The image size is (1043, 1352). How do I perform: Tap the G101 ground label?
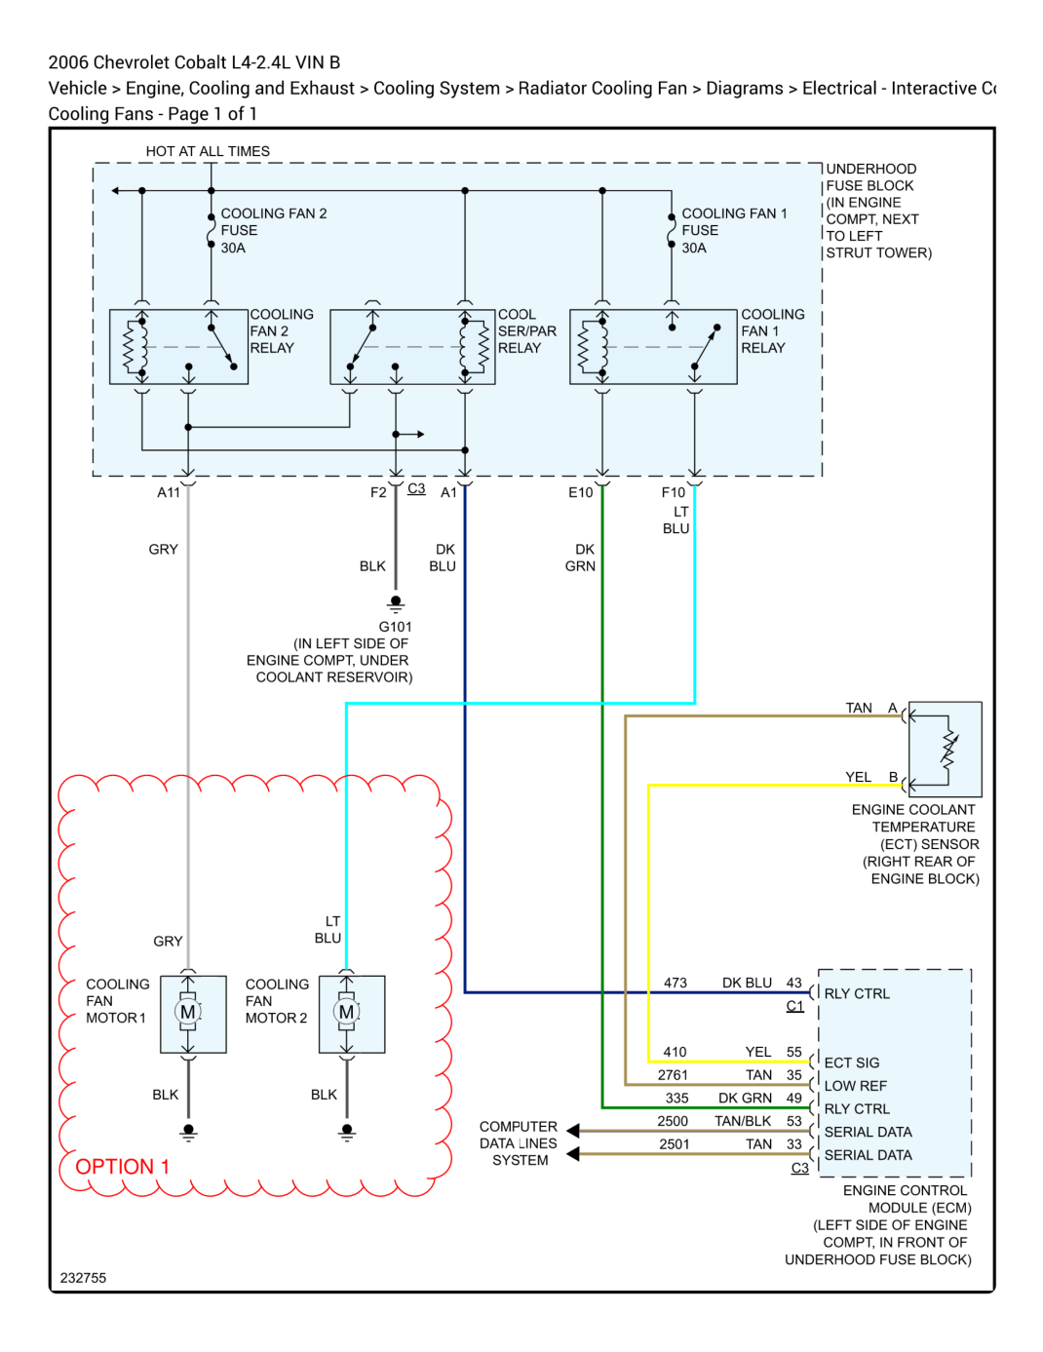tap(395, 626)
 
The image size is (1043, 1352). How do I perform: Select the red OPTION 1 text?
tap(122, 1166)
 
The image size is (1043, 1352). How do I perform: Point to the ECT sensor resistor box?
tap(945, 749)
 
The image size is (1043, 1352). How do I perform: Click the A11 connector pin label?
tap(168, 492)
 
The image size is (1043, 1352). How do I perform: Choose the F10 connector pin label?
tap(673, 492)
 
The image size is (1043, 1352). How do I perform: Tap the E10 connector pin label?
tap(580, 492)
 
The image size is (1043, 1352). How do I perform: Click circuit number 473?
tap(675, 983)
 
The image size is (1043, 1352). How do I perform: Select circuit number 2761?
tap(673, 1074)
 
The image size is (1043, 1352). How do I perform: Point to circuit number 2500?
tap(673, 1121)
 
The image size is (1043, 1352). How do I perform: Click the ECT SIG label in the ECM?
tap(851, 1062)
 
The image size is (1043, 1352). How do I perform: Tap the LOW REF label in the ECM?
tap(855, 1085)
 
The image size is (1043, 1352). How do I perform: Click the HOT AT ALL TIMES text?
tap(208, 151)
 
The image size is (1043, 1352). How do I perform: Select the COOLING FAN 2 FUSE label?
tap(274, 230)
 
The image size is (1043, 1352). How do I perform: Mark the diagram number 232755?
tap(83, 1277)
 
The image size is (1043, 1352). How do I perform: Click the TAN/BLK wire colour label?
tap(743, 1121)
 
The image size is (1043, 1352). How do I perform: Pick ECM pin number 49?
tap(794, 1098)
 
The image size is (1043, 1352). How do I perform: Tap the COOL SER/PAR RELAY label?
tap(526, 331)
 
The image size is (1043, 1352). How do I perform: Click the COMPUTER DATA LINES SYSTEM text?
tap(518, 1143)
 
